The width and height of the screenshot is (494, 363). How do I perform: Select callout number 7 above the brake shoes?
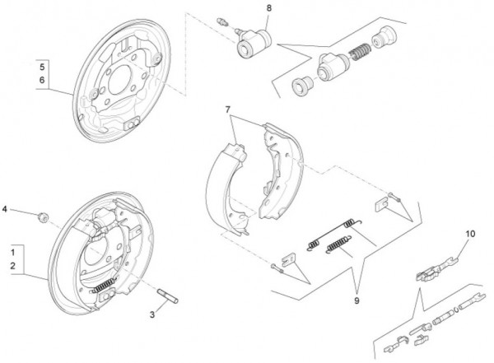pos(228,109)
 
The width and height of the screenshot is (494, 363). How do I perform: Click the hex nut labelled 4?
pos(42,216)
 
